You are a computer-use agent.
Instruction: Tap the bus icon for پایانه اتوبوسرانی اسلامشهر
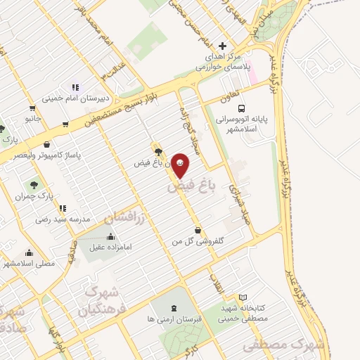(242, 109)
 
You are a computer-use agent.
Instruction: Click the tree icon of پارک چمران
(32, 185)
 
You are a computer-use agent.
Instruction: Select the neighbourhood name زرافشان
(127, 217)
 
